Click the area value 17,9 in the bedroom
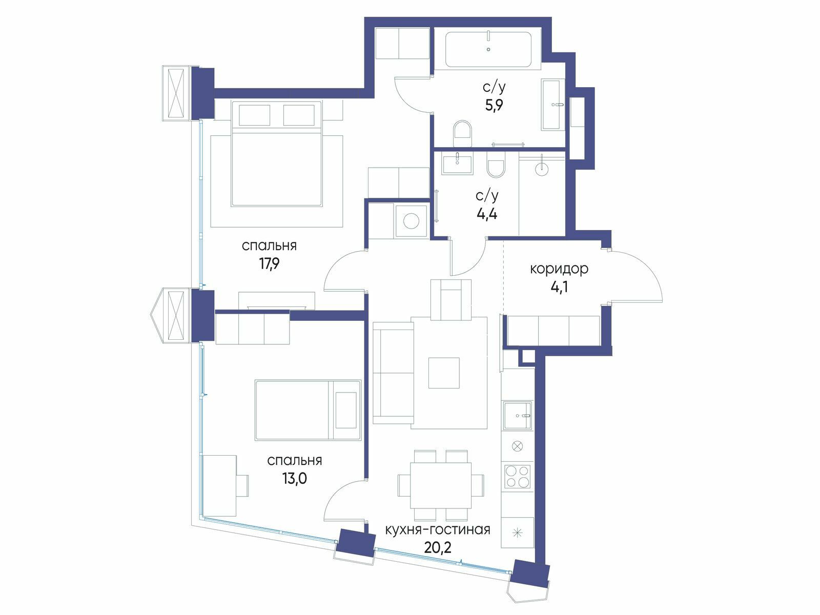pos(269,264)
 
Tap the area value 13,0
pos(294,478)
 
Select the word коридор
pos(559,269)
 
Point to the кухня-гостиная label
pos(438,530)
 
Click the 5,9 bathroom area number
pos(494,105)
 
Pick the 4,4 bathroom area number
pos(487,214)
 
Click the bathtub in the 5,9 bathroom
pos(488,50)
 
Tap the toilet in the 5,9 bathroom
pos(462,133)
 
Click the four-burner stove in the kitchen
pos(518,476)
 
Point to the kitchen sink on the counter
pos(518,416)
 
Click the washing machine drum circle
pos(411,221)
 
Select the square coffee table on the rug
pos(444,373)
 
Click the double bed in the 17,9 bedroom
pos(276,153)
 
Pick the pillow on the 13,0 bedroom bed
pos(346,410)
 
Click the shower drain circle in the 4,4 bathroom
pos(542,169)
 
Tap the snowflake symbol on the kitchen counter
pos(518,533)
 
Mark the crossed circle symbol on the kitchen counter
pos(518,445)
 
